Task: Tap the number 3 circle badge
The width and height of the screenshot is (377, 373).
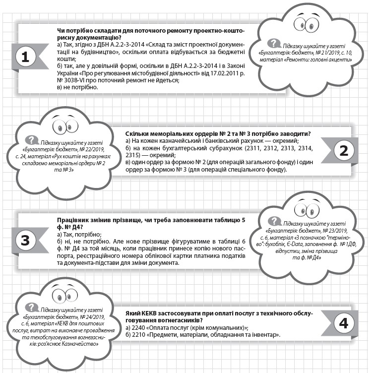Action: click(x=26, y=241)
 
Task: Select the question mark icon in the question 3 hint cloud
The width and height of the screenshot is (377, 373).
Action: click(x=272, y=222)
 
